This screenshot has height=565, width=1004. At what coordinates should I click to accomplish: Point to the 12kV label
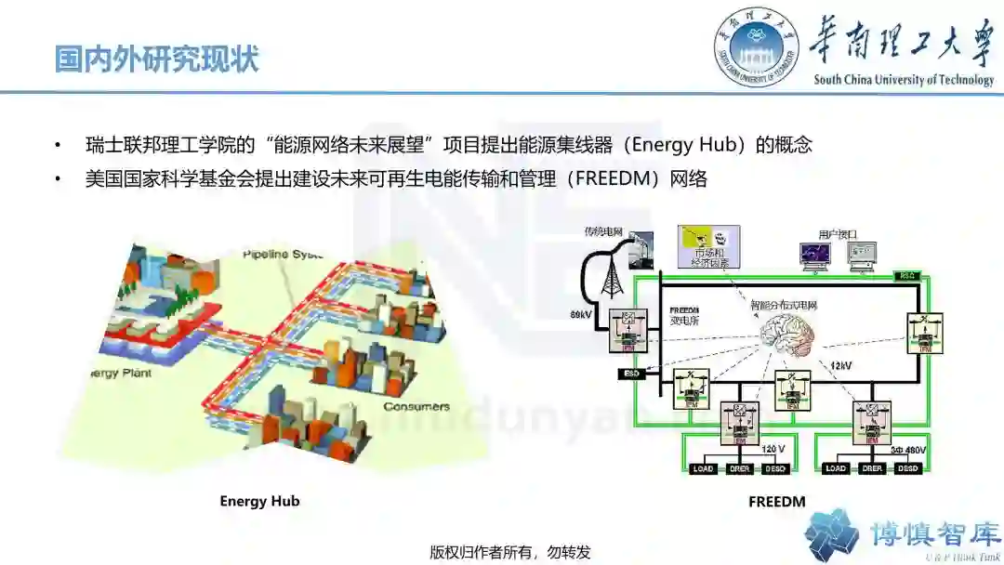(841, 365)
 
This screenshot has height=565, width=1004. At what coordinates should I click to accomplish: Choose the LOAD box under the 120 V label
(704, 468)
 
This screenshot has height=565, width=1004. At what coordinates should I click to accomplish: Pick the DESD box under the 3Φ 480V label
(908, 468)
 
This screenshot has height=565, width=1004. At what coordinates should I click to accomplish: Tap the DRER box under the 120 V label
(740, 468)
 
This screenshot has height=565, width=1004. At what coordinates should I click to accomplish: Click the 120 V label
(774, 449)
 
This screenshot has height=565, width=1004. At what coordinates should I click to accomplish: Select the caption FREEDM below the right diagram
(776, 502)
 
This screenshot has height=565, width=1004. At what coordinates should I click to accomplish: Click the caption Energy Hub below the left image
(259, 502)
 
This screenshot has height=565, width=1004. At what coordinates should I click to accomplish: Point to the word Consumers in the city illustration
(416, 406)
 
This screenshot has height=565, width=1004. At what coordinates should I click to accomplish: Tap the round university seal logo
(757, 47)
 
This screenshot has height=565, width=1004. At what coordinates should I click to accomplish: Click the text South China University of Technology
(904, 80)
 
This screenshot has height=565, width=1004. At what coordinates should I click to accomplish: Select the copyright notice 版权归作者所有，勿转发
(510, 551)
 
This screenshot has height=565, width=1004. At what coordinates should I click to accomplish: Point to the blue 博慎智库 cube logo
(831, 534)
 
